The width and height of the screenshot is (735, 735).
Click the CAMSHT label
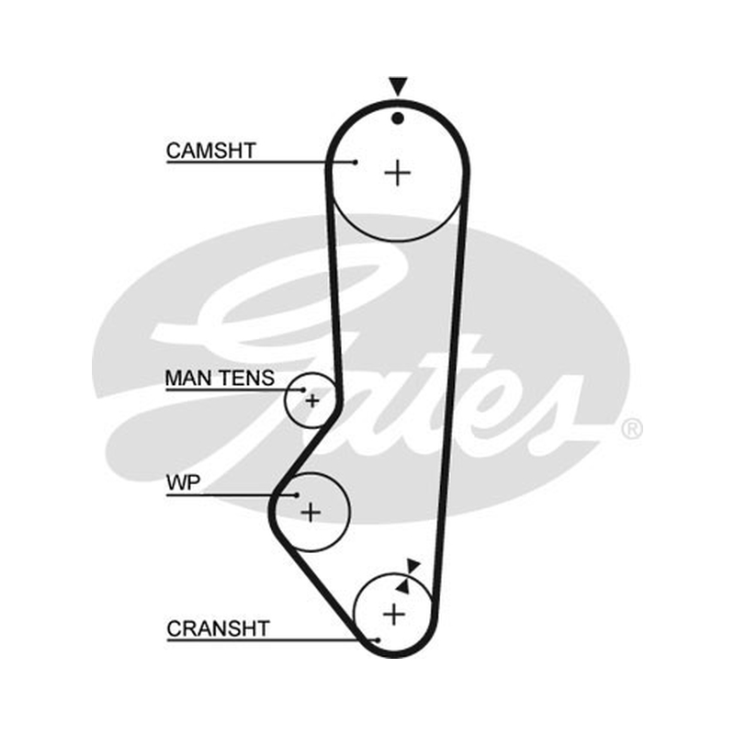[x=211, y=151]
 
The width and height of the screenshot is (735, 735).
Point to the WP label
[x=183, y=482]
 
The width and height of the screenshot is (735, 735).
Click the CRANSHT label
[x=218, y=628]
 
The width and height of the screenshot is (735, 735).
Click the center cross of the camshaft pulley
[x=398, y=173]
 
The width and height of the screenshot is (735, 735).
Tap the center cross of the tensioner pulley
[x=312, y=401]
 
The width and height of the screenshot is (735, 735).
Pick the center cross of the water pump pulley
[x=311, y=512]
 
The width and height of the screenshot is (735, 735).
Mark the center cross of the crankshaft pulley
[x=394, y=614]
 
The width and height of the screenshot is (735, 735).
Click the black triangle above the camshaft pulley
[x=398, y=86]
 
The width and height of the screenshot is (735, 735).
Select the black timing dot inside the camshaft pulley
[x=398, y=119]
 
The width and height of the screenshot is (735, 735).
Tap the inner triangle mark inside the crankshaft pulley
[x=403, y=586]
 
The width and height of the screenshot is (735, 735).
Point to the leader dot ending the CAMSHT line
[x=356, y=163]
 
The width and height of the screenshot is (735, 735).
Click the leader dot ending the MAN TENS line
[x=303, y=390]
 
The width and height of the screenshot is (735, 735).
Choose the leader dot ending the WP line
[x=297, y=495]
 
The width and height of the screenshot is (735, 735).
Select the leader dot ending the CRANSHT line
[x=379, y=639]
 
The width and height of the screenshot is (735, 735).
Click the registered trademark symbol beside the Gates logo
[x=632, y=429]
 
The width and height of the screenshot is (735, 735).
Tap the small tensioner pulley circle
[x=285, y=401]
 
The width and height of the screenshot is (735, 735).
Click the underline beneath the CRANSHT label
[x=272, y=639]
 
